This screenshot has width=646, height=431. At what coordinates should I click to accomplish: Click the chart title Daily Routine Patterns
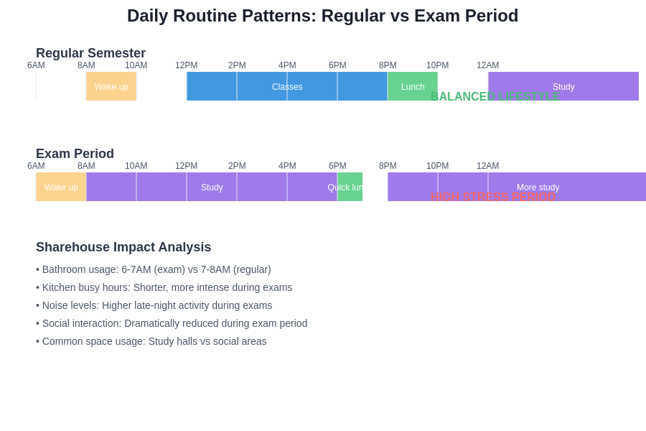(322, 16)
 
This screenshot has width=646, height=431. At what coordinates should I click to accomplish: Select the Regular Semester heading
(90, 53)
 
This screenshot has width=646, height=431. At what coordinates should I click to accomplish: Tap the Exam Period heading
(75, 154)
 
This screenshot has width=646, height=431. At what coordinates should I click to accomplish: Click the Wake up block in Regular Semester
(111, 86)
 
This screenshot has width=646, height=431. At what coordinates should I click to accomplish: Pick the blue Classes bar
(287, 86)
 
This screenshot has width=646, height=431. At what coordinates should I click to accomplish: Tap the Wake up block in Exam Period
(61, 187)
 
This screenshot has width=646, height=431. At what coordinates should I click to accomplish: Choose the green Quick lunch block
(350, 187)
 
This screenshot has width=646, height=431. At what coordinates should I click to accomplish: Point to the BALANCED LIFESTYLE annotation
(495, 96)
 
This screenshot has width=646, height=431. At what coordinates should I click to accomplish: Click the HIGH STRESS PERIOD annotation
(493, 197)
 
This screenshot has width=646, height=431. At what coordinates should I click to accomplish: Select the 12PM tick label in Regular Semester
(186, 65)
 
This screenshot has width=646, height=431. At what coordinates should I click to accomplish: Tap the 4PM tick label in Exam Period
(287, 166)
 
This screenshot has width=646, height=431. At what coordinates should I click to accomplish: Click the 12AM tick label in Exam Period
(487, 166)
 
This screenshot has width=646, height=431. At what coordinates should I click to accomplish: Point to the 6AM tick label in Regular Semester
(36, 65)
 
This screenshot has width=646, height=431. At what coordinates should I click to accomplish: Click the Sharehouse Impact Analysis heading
(123, 247)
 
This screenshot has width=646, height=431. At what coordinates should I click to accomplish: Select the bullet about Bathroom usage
(154, 269)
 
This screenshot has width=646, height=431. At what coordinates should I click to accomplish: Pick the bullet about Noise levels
(154, 305)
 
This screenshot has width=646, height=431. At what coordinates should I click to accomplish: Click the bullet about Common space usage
(151, 341)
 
